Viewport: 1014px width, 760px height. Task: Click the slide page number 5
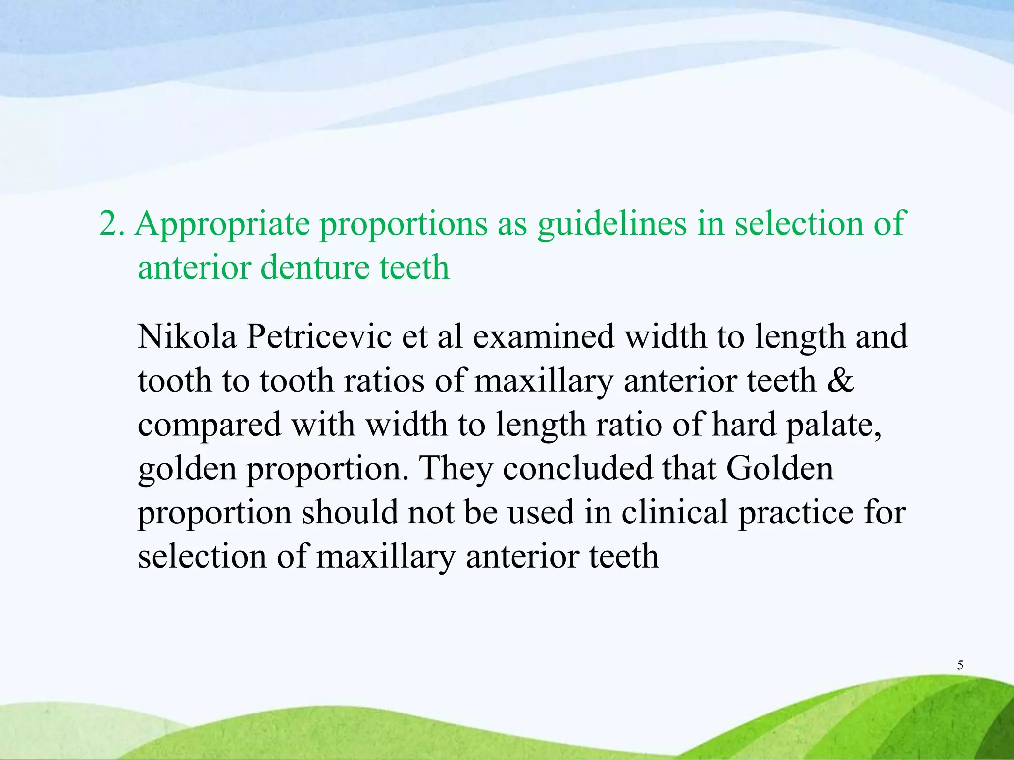point(960,665)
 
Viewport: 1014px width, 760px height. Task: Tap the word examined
point(543,336)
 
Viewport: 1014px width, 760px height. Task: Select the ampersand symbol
point(840,380)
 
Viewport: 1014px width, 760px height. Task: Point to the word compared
point(209,426)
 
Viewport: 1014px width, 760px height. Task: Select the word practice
point(796,513)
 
